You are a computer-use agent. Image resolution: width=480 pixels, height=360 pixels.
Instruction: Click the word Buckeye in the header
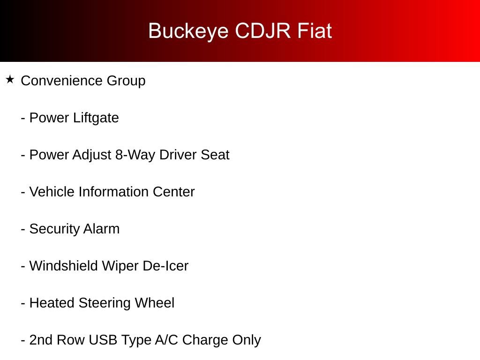click(x=188, y=31)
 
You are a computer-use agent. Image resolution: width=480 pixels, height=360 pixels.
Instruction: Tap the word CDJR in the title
click(x=262, y=30)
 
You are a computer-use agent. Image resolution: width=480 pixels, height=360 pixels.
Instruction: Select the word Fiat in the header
click(x=315, y=30)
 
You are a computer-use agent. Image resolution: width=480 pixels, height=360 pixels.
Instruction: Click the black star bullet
click(x=10, y=80)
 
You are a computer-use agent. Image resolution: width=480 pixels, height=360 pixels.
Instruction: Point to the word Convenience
click(x=61, y=81)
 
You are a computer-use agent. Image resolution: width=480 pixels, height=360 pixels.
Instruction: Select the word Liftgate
click(x=96, y=118)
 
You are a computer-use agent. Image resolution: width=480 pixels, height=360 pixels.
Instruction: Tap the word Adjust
click(x=91, y=155)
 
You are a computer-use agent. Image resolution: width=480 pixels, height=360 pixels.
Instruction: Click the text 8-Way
click(x=135, y=155)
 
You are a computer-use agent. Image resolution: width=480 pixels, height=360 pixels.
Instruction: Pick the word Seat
click(x=215, y=155)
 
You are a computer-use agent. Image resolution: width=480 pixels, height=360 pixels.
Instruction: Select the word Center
click(x=173, y=192)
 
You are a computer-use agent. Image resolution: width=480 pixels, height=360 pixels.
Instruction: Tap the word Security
click(x=54, y=229)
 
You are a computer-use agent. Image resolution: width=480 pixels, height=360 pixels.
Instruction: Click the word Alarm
click(x=101, y=229)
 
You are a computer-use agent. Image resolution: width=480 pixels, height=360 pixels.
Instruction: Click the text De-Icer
click(x=165, y=266)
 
